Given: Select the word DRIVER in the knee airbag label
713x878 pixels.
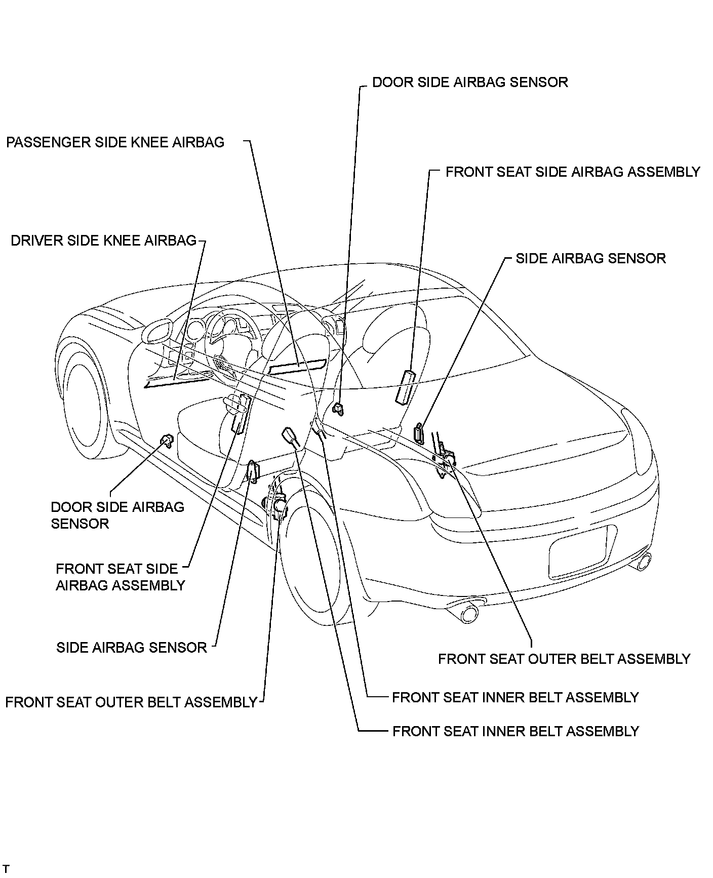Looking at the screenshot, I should [33, 241].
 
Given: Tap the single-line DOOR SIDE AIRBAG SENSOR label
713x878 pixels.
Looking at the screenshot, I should [470, 83].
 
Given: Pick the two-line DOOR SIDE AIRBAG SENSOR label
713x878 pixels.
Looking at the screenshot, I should [117, 515].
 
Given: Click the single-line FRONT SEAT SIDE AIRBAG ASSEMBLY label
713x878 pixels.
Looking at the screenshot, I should [572, 172].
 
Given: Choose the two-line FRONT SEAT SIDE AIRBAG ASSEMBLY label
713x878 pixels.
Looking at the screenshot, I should [121, 577].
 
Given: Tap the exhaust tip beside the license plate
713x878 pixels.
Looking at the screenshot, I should [642, 561].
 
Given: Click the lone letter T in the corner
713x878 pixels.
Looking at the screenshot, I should [6, 869].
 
